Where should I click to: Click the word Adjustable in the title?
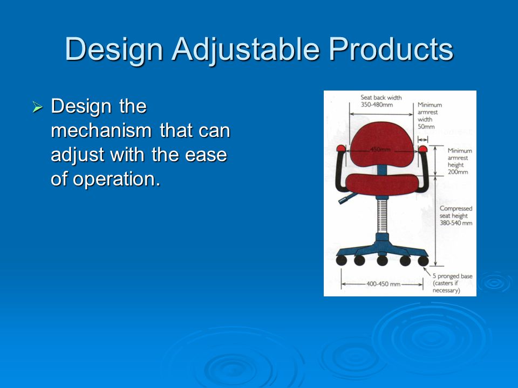(x=246, y=50)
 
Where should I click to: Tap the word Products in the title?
(x=391, y=49)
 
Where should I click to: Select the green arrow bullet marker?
(x=37, y=107)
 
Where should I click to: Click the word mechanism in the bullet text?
(x=101, y=130)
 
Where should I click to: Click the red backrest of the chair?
(x=381, y=144)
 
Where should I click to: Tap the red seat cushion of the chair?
(x=382, y=184)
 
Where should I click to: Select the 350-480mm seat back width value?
(x=377, y=105)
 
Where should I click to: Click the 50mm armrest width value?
(x=426, y=127)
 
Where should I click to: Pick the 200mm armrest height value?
(x=458, y=172)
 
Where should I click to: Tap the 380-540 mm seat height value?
(x=456, y=223)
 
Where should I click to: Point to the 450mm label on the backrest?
(x=380, y=150)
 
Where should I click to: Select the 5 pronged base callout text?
(x=453, y=283)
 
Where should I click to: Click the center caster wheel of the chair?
(x=382, y=260)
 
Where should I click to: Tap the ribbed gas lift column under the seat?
(x=382, y=216)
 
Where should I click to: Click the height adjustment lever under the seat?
(x=347, y=198)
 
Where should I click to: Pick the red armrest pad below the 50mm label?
(x=423, y=149)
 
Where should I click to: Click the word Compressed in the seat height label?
(x=456, y=209)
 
